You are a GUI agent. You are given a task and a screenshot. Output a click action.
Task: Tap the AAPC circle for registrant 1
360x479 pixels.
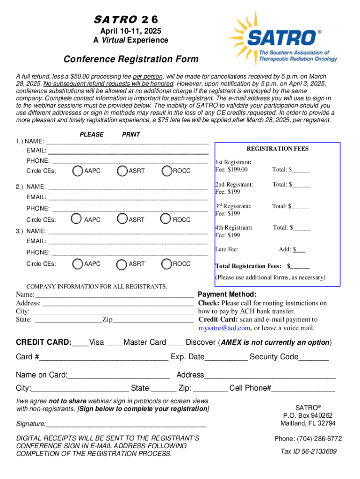78,171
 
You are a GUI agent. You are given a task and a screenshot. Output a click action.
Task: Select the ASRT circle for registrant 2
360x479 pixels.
122,219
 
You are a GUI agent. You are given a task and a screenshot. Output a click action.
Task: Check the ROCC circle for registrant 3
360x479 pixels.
166,264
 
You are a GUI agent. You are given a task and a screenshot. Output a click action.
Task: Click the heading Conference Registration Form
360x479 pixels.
131,59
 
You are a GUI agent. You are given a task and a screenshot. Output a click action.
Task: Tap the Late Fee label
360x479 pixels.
227,249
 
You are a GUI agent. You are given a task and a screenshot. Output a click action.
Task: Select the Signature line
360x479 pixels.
126,425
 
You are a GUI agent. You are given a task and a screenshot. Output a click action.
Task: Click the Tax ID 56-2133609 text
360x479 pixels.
308,451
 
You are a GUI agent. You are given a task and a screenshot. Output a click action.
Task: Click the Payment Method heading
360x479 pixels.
227,294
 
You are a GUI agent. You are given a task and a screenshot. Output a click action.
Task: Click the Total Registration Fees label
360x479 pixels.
248,266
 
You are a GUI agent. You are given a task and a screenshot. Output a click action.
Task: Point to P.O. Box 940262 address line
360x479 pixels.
308,415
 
